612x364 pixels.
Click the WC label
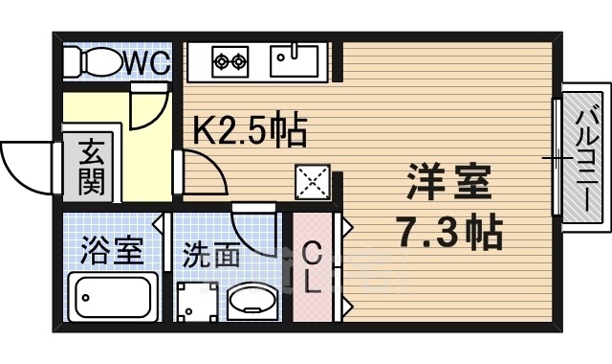pos(146,63)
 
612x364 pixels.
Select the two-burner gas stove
pos(229,62)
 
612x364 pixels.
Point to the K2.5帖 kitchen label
pos(251,130)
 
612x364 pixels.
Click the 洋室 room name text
pos(448,182)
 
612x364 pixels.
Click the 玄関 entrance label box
pos(91,166)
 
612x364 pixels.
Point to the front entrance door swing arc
pos(27,163)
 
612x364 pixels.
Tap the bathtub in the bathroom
pos(114,299)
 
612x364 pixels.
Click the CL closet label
pos(312,268)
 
